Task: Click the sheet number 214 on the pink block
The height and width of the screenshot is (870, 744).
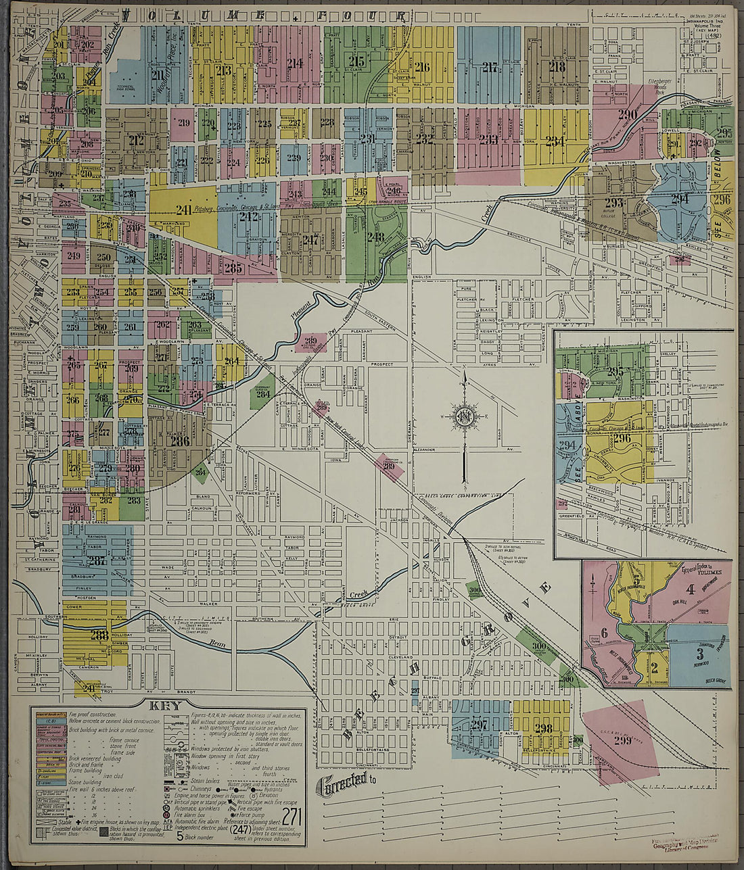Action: tap(294, 64)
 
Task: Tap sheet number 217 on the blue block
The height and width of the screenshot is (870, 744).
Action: tap(490, 67)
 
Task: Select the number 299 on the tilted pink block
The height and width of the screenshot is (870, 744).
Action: tap(622, 740)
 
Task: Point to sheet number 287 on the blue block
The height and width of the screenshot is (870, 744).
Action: tap(97, 560)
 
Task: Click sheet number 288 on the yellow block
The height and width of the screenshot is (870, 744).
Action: tap(99, 635)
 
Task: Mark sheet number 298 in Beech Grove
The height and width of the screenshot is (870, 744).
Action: tap(543, 728)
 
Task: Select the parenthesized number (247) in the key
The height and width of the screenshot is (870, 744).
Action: tap(240, 829)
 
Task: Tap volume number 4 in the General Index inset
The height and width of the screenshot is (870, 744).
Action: tap(690, 597)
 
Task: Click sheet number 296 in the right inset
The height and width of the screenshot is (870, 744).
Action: tap(622, 439)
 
